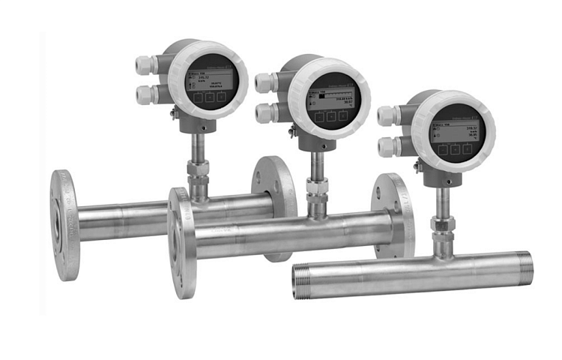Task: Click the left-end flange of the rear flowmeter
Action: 64,224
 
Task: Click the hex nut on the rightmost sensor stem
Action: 443,225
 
